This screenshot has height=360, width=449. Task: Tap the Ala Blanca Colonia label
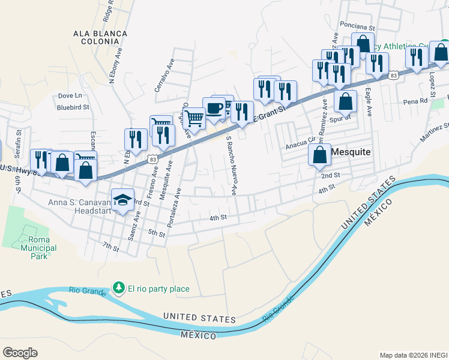click(100, 38)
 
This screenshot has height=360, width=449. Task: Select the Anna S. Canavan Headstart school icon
click(123, 199)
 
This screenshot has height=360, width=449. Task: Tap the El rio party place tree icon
click(119, 289)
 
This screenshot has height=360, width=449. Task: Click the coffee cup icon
click(214, 108)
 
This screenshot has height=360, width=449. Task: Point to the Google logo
click(20, 352)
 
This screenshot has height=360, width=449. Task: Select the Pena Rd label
click(414, 102)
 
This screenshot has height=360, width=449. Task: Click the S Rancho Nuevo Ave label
click(231, 165)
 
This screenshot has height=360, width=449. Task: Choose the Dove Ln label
click(70, 95)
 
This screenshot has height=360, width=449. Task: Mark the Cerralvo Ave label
click(163, 74)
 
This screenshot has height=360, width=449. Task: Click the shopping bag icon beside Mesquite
click(320, 155)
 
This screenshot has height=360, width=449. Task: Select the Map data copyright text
click(413, 355)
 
